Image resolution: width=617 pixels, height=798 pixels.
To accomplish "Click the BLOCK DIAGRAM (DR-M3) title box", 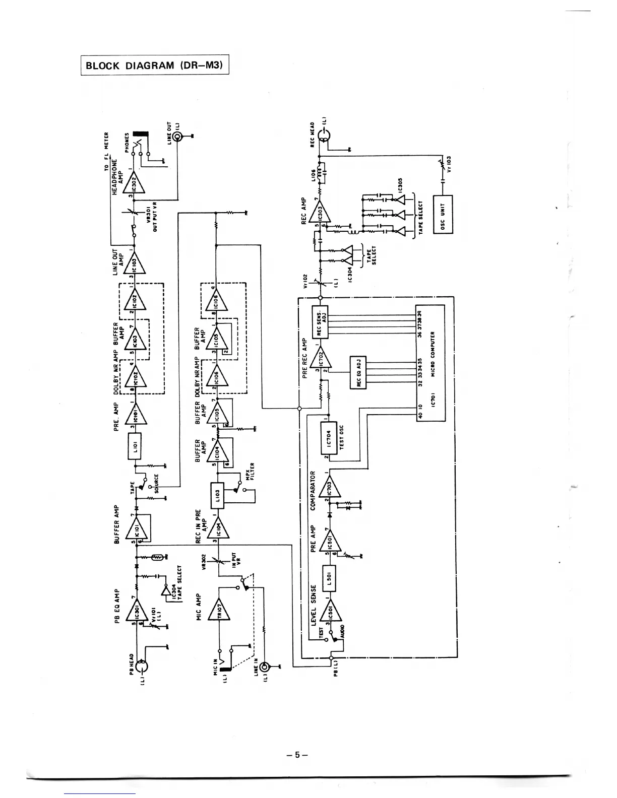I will pyautogui.click(x=155, y=64).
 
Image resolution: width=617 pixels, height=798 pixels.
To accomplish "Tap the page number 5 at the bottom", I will pyautogui.click(x=297, y=755).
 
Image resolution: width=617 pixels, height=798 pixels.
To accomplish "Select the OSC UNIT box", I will pyautogui.click(x=443, y=214).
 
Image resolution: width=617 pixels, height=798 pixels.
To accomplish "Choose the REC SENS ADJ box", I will pyautogui.click(x=320, y=321).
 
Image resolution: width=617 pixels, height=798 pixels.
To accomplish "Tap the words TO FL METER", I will pyautogui.click(x=106, y=152).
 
